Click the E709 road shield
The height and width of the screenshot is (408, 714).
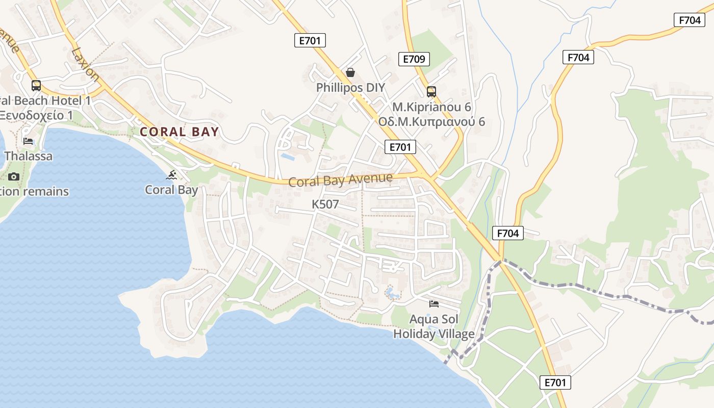pyautogui.click(x=414, y=59)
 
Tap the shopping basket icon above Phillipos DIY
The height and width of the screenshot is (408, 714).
pyautogui.click(x=350, y=72)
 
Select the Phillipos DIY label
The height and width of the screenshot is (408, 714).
pyautogui.click(x=350, y=88)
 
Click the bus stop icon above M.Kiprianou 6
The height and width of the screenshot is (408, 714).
pyautogui.click(x=431, y=92)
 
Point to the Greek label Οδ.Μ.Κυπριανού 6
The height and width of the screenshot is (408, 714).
pyautogui.click(x=431, y=122)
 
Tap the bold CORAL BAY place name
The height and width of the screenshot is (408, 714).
pyautogui.click(x=180, y=132)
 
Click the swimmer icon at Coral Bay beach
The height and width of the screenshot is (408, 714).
pyautogui.click(x=172, y=176)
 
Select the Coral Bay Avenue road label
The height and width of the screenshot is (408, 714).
pyautogui.click(x=341, y=180)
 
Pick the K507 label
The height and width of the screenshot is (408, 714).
pyautogui.click(x=325, y=205)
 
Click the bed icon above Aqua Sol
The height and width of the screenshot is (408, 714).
pyautogui.click(x=434, y=304)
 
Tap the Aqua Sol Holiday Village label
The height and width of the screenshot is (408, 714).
pyautogui.click(x=434, y=327)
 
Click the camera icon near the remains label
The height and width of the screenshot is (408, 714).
pyautogui.click(x=14, y=177)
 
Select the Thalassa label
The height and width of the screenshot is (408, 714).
pyautogui.click(x=28, y=156)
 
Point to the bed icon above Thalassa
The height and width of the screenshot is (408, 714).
pyautogui.click(x=28, y=141)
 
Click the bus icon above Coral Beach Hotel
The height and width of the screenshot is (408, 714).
pyautogui.click(x=36, y=86)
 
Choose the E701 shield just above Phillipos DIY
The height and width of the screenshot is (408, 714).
pyautogui.click(x=310, y=41)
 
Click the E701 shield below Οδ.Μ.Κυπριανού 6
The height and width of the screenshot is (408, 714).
pyautogui.click(x=400, y=147)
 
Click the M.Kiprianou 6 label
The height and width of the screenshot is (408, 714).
pyautogui.click(x=431, y=107)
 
